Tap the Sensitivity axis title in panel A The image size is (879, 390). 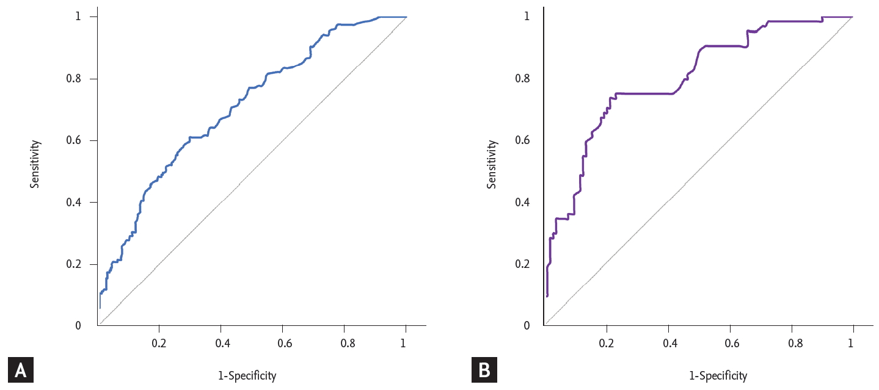35,164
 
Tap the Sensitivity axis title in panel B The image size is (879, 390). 492,164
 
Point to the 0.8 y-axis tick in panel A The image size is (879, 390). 74,79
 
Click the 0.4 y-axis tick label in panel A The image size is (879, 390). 74,202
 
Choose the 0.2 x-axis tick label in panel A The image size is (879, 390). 159,343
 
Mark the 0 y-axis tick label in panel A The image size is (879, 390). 78,325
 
